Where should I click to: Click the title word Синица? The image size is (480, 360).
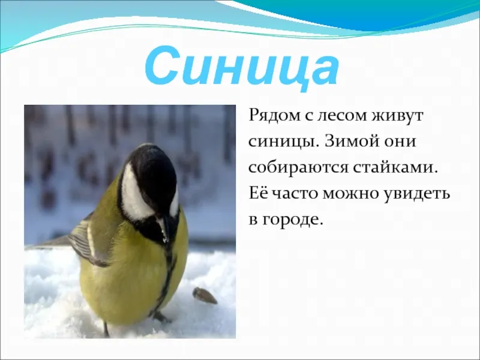click(x=242, y=67)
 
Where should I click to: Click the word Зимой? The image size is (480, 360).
click(x=348, y=142)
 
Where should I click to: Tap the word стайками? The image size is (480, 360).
click(x=394, y=168)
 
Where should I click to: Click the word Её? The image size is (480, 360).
click(x=259, y=193)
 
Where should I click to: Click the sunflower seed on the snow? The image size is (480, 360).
click(x=205, y=295)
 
